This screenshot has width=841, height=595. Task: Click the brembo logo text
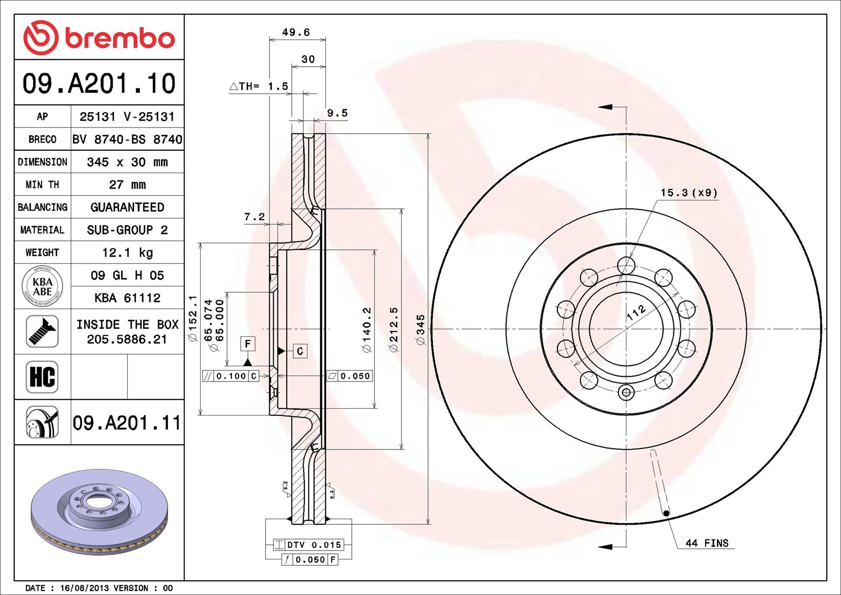[120, 38]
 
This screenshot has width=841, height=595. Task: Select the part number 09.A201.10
[99, 84]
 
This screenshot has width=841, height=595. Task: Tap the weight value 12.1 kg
[128, 253]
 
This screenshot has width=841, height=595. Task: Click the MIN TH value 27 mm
[128, 184]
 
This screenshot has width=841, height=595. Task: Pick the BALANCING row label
[43, 207]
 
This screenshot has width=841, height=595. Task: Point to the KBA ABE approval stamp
[42, 286]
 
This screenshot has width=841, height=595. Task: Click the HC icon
[42, 377]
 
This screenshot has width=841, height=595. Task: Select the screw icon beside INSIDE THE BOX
[42, 331]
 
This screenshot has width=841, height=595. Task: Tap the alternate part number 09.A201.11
[127, 423]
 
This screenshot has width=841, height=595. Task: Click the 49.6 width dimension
[296, 32]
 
